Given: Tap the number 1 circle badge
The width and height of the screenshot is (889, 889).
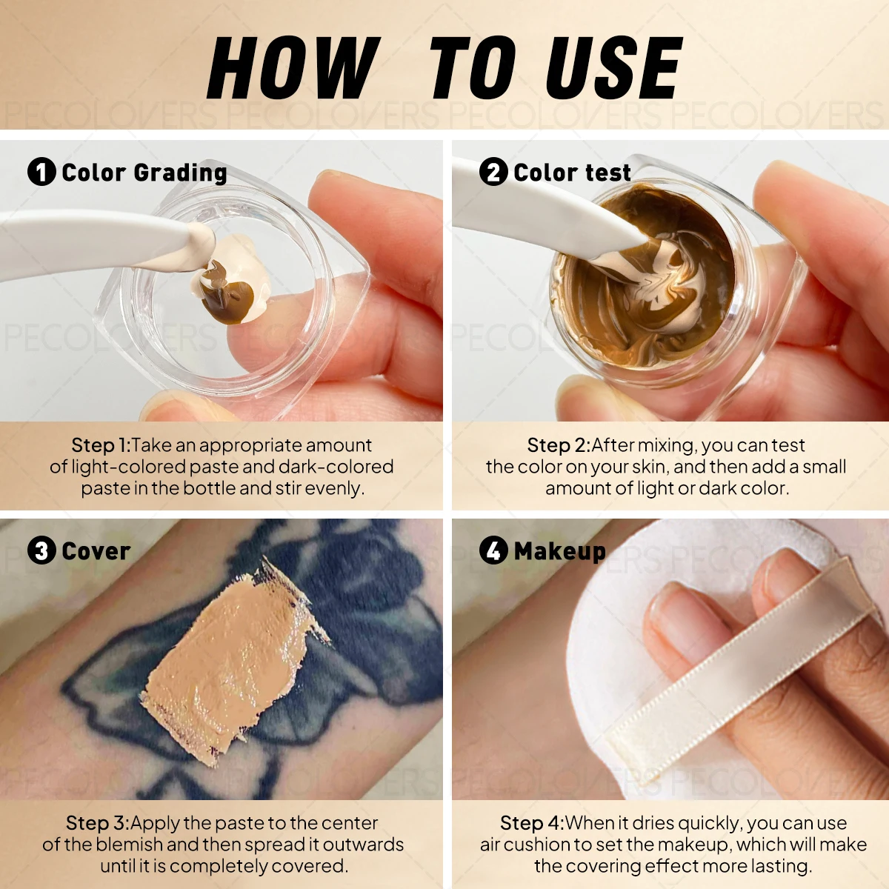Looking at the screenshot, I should point(41,172).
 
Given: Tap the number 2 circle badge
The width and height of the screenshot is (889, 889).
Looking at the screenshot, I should point(493,172).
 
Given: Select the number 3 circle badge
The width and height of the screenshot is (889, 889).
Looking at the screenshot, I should point(41,550).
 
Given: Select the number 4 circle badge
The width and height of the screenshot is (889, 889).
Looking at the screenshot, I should point(493,550).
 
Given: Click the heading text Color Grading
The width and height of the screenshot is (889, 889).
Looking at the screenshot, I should point(144,173).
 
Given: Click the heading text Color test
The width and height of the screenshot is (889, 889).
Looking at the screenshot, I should point(572,173).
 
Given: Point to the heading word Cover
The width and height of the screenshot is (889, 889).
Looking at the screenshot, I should point(96,551).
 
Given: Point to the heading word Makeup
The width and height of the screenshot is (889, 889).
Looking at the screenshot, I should point(560,551).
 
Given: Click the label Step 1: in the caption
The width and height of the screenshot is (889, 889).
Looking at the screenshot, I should point(101,445).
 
